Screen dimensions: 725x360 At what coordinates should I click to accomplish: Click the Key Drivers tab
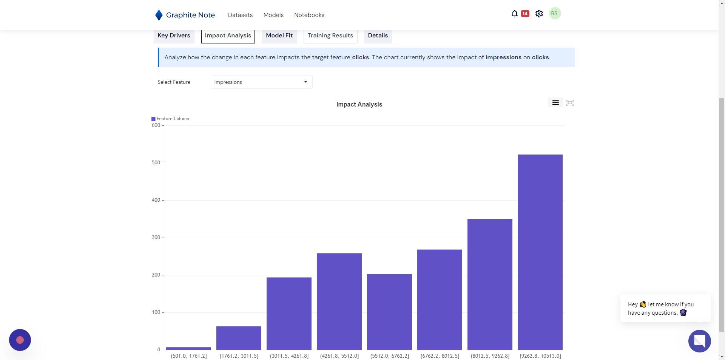tap(174, 36)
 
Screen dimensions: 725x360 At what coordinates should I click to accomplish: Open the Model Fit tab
tap(279, 36)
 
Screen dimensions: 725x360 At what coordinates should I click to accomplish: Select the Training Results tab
tap(330, 36)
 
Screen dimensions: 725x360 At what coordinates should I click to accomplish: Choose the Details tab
tap(378, 36)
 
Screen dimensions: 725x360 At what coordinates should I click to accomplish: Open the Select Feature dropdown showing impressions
tap(261, 82)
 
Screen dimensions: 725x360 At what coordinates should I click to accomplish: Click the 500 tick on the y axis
tap(156, 163)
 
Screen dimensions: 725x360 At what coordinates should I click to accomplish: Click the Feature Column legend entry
tap(170, 119)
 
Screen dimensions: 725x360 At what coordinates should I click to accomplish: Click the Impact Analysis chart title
tap(359, 104)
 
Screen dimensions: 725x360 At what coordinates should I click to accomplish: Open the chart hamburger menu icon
tap(555, 102)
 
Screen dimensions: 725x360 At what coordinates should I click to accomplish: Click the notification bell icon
tap(514, 14)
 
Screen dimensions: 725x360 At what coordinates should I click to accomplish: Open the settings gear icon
tap(539, 14)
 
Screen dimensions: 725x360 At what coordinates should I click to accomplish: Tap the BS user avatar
tap(554, 14)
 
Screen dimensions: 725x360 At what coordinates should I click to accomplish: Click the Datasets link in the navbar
tap(240, 15)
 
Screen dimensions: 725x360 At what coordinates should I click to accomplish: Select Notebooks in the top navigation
tap(309, 15)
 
